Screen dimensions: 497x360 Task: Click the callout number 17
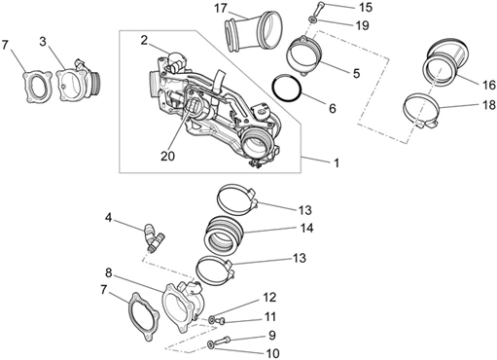tap(221, 8)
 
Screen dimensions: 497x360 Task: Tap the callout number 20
tap(167, 156)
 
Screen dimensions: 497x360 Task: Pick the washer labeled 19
tap(313, 20)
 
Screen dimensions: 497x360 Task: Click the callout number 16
tap(489, 85)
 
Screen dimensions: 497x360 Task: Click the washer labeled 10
tap(211, 345)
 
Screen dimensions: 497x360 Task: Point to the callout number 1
tap(337, 162)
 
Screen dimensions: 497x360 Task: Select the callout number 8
tap(108, 272)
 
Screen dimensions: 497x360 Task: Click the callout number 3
tap(43, 42)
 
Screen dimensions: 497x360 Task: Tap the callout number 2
tap(144, 40)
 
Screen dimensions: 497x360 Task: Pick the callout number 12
tap(269, 297)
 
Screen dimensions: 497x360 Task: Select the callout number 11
tap(270, 316)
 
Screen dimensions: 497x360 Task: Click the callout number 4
tap(108, 218)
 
